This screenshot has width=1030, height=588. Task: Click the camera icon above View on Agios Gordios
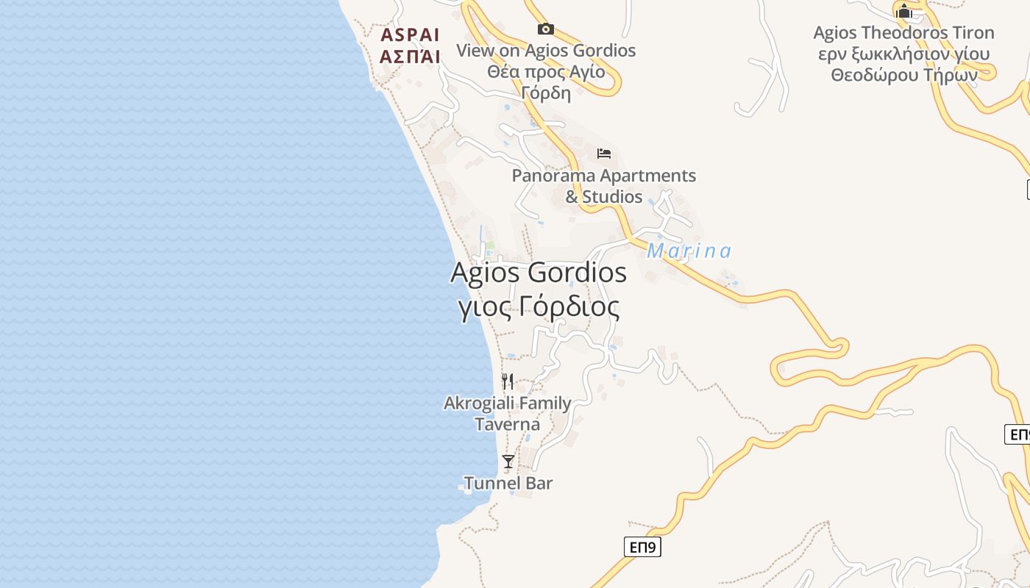click(x=545, y=29)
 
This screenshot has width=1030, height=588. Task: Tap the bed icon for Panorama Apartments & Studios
click(x=604, y=154)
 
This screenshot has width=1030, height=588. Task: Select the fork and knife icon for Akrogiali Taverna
click(x=508, y=381)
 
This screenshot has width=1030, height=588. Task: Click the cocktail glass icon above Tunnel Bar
click(x=508, y=462)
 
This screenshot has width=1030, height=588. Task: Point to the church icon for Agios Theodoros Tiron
click(x=903, y=11)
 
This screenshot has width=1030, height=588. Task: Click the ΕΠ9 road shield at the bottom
click(x=642, y=547)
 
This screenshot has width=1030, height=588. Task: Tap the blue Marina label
click(x=689, y=251)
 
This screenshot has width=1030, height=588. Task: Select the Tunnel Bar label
click(x=508, y=484)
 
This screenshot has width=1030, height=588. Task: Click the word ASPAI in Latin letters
click(x=410, y=35)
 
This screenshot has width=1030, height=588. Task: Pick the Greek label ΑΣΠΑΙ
click(x=410, y=57)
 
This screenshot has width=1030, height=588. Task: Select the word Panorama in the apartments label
click(x=553, y=176)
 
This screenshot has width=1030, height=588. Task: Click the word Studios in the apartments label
click(x=612, y=197)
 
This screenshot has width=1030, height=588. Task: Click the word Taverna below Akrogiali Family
click(x=507, y=425)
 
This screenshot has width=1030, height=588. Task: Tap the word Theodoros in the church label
click(x=901, y=33)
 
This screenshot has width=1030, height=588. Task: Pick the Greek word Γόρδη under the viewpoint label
click(x=545, y=93)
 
